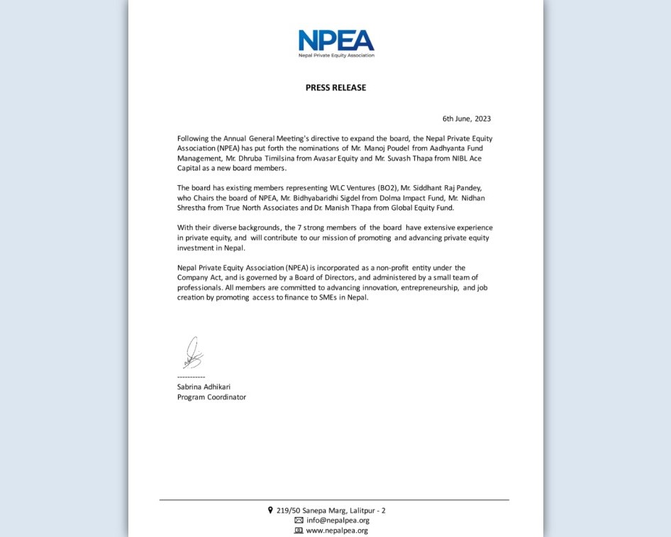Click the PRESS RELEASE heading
click(335, 88)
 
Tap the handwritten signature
click(192, 353)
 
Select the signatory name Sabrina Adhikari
click(204, 387)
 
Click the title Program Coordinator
click(211, 397)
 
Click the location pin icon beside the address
click(270, 510)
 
